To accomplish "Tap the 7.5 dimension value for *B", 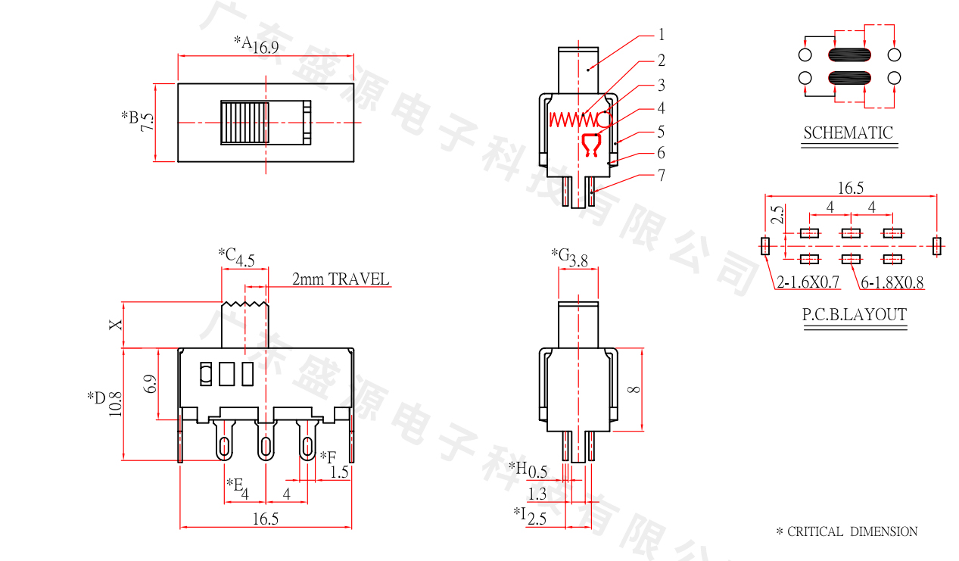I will click(147, 123).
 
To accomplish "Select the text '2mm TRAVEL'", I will click(341, 279).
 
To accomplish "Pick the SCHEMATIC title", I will click(848, 133).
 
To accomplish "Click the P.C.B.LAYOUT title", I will click(855, 315).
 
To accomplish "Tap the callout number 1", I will click(661, 34).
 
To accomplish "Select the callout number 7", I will click(661, 176).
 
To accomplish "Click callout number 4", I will click(661, 108).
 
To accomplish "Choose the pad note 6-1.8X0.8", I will click(893, 283).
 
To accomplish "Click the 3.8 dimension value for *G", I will click(578, 261).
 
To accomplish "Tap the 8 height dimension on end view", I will click(634, 389).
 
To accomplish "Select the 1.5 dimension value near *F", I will click(340, 472).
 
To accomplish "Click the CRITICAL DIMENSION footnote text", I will click(852, 531).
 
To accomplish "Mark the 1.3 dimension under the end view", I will click(537, 494).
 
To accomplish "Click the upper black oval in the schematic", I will click(849, 55).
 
